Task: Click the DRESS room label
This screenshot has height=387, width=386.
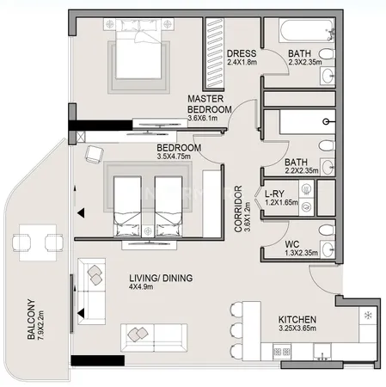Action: point(242,53)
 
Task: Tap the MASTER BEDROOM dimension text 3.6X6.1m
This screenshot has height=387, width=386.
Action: point(202,118)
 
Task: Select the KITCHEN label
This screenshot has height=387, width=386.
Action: point(297,319)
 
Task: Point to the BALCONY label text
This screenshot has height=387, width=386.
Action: point(31,319)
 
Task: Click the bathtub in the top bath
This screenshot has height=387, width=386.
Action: point(306,30)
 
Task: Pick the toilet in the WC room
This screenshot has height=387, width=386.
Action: point(327,230)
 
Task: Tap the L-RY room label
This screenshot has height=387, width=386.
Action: point(274,193)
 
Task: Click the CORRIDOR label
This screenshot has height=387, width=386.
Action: point(238,209)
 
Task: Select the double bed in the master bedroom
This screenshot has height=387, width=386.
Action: point(138,49)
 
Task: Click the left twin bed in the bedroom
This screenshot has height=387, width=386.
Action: point(127,206)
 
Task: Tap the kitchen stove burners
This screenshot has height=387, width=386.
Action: point(282,352)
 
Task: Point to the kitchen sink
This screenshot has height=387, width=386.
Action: point(322,352)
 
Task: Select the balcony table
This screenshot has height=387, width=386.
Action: point(38,243)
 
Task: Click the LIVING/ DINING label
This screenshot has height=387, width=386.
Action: point(161,278)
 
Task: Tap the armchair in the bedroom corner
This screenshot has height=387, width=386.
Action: point(94,155)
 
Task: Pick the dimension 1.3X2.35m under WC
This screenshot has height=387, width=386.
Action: point(301,253)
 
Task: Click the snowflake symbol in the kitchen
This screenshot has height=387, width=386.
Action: point(368,316)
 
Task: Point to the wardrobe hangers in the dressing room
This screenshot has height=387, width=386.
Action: point(215,53)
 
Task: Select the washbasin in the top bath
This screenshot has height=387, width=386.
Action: point(328,76)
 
